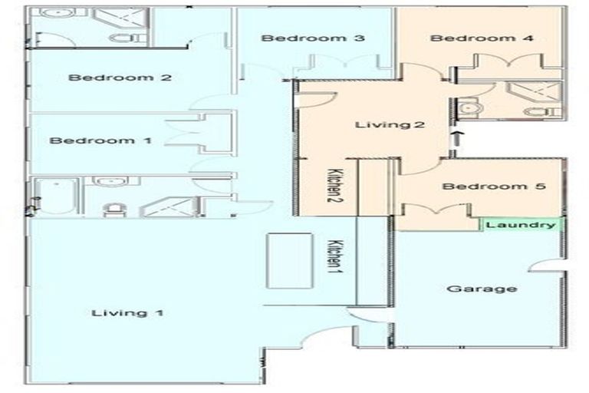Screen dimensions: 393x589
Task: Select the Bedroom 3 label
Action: [301, 38]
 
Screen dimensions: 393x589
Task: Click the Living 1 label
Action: [128, 312]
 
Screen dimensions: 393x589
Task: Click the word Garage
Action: [471, 289]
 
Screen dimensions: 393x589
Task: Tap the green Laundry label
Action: [521, 225]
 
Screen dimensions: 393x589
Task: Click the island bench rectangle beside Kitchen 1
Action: [289, 260]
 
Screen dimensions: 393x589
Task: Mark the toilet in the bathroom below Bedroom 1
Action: [113, 208]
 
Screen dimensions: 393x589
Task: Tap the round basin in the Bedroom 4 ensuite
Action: [471, 110]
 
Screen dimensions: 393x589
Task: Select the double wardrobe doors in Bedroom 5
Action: [436, 210]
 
